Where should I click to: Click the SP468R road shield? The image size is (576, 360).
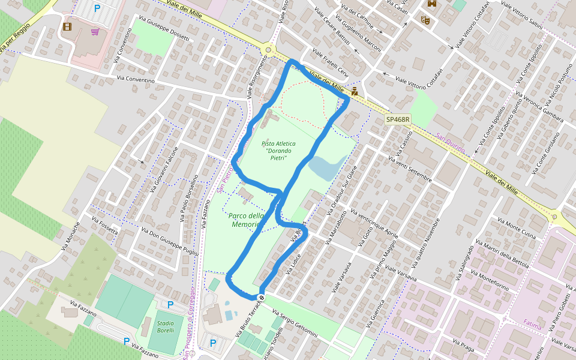pyautogui.click(x=397, y=119)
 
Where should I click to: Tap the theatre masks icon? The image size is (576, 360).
pyautogui.click(x=425, y=19)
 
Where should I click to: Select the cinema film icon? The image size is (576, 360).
pyautogui.click(x=67, y=26)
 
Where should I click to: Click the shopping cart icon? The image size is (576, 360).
pyautogui.click(x=95, y=31)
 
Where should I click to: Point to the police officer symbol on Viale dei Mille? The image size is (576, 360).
pyautogui.click(x=355, y=92)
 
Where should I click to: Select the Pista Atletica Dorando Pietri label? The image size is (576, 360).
pyautogui.click(x=278, y=151)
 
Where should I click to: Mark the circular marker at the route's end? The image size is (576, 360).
pyautogui.click(x=262, y=298)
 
